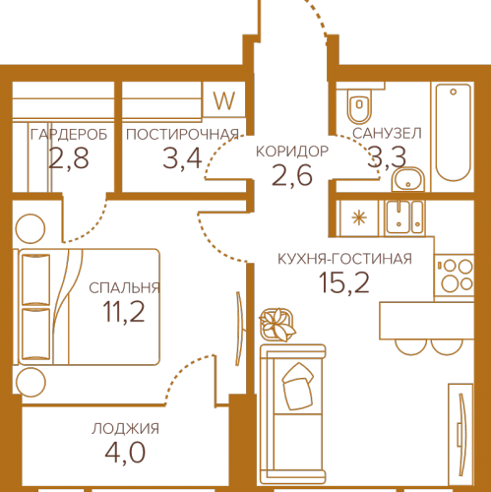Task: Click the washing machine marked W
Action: (224, 99)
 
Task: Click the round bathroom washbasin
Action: (408, 179)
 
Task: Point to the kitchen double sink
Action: (404, 217)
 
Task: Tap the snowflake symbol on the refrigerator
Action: (359, 218)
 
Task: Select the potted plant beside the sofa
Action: (277, 325)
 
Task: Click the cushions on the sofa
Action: (297, 386)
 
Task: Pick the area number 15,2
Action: (344, 282)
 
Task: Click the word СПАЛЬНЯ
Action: (124, 288)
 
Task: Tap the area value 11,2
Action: (124, 312)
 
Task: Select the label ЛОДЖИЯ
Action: (126, 429)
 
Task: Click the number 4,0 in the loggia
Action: (125, 453)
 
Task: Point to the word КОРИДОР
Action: (292, 152)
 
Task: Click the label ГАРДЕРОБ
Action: (69, 135)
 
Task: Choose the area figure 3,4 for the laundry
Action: (182, 158)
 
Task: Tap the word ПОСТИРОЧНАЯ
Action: (182, 135)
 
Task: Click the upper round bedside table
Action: (31, 228)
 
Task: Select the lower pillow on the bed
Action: (35, 334)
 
